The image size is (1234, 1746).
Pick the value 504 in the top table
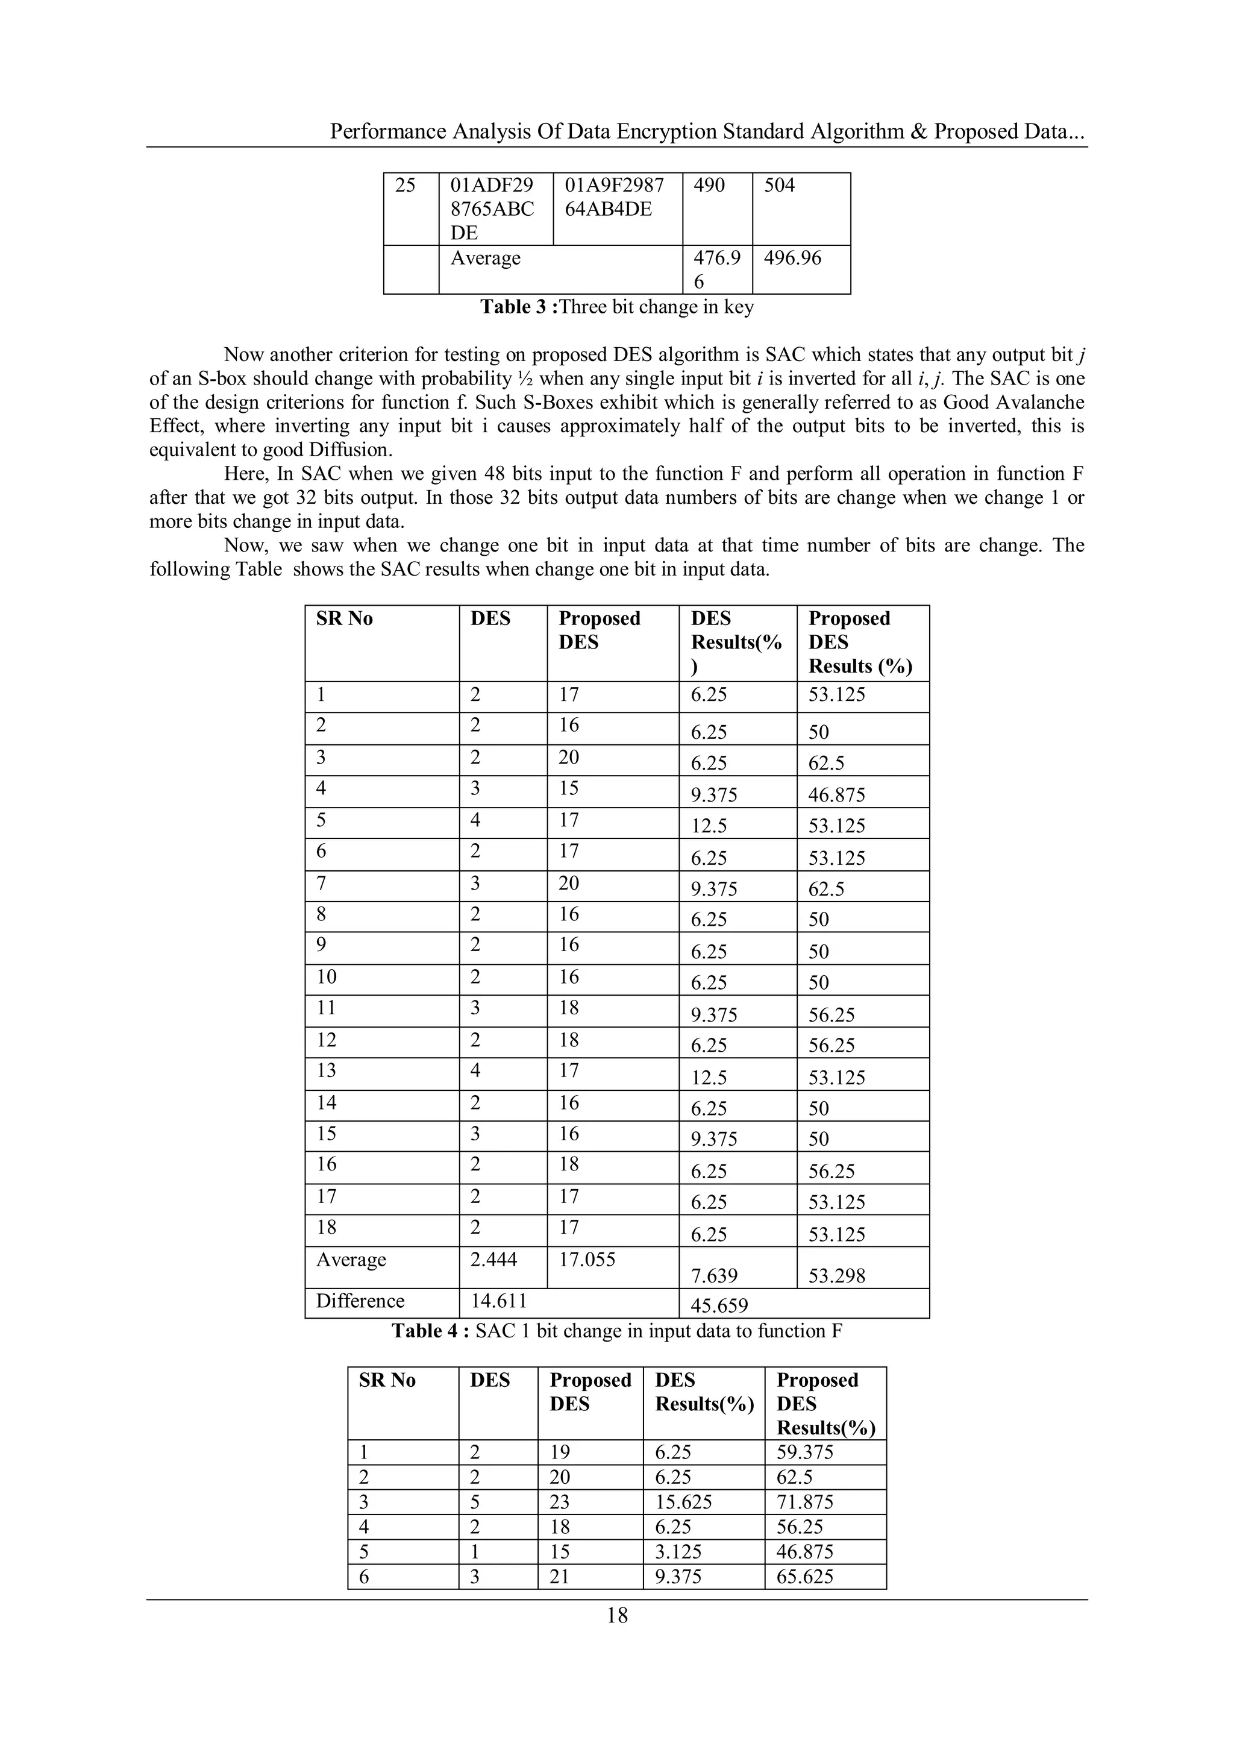(x=778, y=186)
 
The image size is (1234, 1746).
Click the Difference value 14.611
(x=498, y=1301)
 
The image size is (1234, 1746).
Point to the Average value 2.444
(x=493, y=1259)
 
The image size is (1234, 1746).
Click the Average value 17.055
(x=587, y=1259)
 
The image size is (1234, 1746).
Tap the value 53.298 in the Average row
(x=836, y=1275)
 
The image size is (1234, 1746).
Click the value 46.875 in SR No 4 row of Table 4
(x=836, y=796)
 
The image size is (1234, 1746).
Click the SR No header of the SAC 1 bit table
(x=345, y=618)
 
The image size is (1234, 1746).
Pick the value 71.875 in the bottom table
(x=804, y=1502)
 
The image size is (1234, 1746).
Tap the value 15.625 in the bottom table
(x=683, y=1502)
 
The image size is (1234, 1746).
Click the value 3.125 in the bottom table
(x=677, y=1551)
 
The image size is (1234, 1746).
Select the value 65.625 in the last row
(x=804, y=1577)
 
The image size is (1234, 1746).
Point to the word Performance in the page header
(x=388, y=131)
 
